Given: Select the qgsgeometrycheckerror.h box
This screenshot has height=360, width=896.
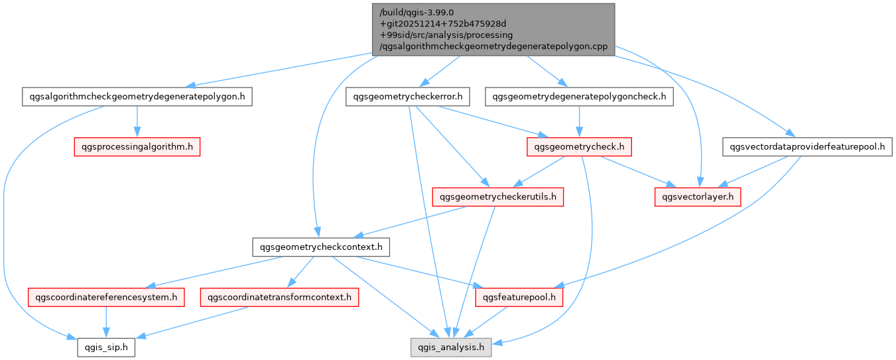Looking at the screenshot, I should (408, 97).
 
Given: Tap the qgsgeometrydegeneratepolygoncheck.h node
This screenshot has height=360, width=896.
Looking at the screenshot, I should (580, 97).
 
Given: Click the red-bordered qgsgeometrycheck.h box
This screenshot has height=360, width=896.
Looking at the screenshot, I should (579, 147).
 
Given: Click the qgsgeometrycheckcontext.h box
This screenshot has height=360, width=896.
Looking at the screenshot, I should (321, 248).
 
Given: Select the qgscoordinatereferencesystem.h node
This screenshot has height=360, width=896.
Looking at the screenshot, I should (106, 298).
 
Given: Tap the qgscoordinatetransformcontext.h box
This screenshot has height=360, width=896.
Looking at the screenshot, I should (279, 298).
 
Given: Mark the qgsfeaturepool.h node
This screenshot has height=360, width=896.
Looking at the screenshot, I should (519, 298).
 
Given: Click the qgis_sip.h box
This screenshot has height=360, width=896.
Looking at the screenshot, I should (107, 347).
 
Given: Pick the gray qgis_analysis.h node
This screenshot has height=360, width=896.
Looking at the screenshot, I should (451, 347).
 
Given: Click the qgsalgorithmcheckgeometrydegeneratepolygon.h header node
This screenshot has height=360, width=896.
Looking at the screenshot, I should (137, 97).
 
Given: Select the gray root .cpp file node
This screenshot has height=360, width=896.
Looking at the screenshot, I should (493, 29).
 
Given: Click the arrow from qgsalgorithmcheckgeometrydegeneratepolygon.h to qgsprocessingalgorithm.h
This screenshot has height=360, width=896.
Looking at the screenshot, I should (137, 121).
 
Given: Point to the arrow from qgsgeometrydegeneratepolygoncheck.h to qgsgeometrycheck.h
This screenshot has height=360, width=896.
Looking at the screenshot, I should (580, 121).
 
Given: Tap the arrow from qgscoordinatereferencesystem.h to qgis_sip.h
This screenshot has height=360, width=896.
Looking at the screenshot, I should (106, 322).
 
